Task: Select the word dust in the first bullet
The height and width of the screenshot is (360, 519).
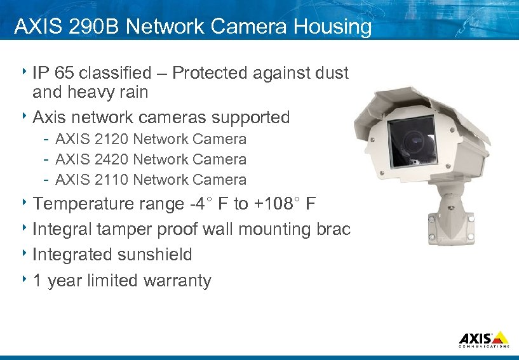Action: (x=331, y=73)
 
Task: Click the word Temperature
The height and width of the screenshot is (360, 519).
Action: (x=83, y=204)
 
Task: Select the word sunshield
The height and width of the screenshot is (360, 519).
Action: (x=162, y=255)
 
